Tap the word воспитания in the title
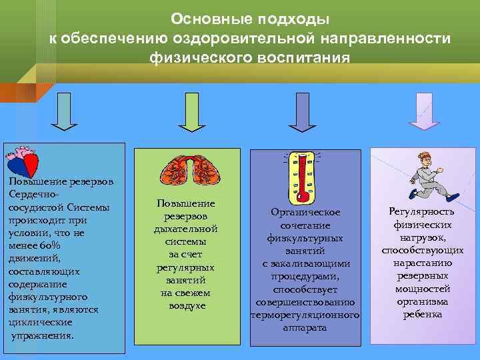click(x=293, y=58)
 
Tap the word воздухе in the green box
click(x=186, y=305)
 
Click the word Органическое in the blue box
click(x=305, y=212)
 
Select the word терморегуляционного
click(x=305, y=315)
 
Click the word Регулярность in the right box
click(x=422, y=211)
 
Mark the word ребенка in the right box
click(x=422, y=314)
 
